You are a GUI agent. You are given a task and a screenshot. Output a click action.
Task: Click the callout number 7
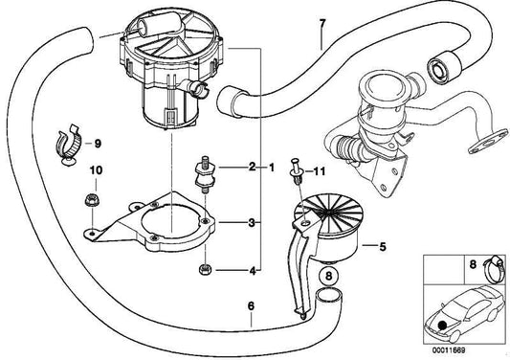coord(322,23)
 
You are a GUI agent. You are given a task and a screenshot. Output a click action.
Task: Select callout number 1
coord(273,168)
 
